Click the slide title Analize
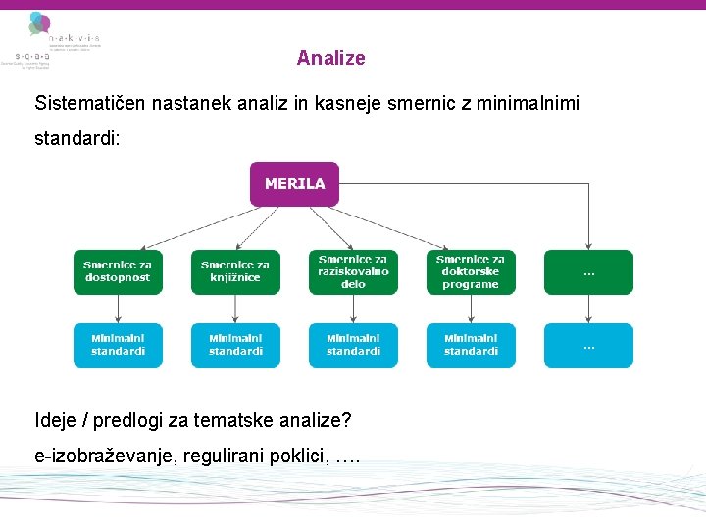pos(330,58)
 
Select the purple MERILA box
pos(294,184)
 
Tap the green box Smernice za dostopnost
pos(118,271)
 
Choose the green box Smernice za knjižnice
pos(235,271)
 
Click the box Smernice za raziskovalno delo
pos(353,271)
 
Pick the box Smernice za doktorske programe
pos(471,271)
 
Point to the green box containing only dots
pos(588,271)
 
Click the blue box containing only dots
pos(588,345)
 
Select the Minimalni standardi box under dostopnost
pos(118,345)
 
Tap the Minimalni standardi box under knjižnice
pos(235,345)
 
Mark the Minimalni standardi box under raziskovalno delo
pos(353,345)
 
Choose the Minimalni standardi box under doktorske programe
pos(471,345)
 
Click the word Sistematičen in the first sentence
pos(81,103)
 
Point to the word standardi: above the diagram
pos(77,138)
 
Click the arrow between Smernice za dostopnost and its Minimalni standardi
pos(118,309)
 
